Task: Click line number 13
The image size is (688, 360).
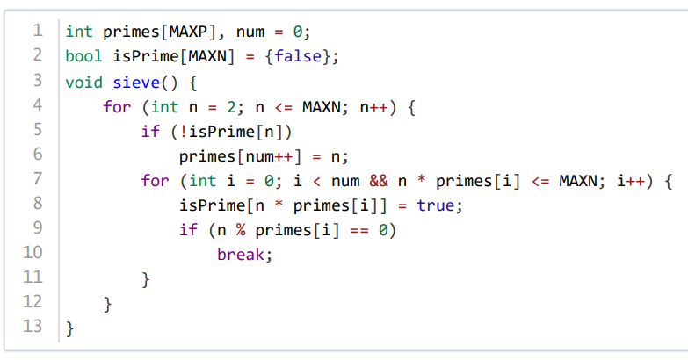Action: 33,327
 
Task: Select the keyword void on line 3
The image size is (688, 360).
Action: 83,83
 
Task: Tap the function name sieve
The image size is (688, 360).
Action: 136,83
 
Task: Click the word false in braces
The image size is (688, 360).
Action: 298,56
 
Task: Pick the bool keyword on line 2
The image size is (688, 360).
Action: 83,56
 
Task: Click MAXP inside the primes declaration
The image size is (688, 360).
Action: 188,32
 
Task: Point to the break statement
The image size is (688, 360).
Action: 241,255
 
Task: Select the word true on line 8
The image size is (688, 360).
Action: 435,205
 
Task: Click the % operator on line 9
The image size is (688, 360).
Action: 241,230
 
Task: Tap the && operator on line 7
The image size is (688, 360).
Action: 379,181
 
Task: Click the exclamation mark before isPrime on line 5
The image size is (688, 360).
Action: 184,132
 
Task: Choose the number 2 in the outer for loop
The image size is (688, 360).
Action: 231,107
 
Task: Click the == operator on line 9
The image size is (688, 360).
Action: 359,231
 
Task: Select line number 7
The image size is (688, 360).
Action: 37,179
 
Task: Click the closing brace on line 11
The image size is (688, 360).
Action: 146,280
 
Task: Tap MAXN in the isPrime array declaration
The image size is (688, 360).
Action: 207,56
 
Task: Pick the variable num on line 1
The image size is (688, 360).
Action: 250,32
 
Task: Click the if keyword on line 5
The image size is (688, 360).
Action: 150,132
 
